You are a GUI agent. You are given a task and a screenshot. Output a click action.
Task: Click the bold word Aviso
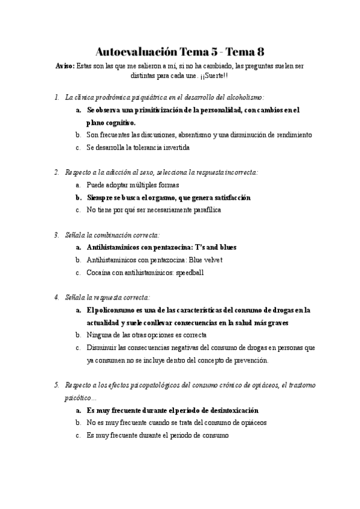(x=64, y=67)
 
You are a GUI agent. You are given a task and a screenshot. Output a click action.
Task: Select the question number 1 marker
(x=56, y=97)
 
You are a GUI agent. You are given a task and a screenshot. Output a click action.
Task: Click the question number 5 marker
(x=56, y=385)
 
